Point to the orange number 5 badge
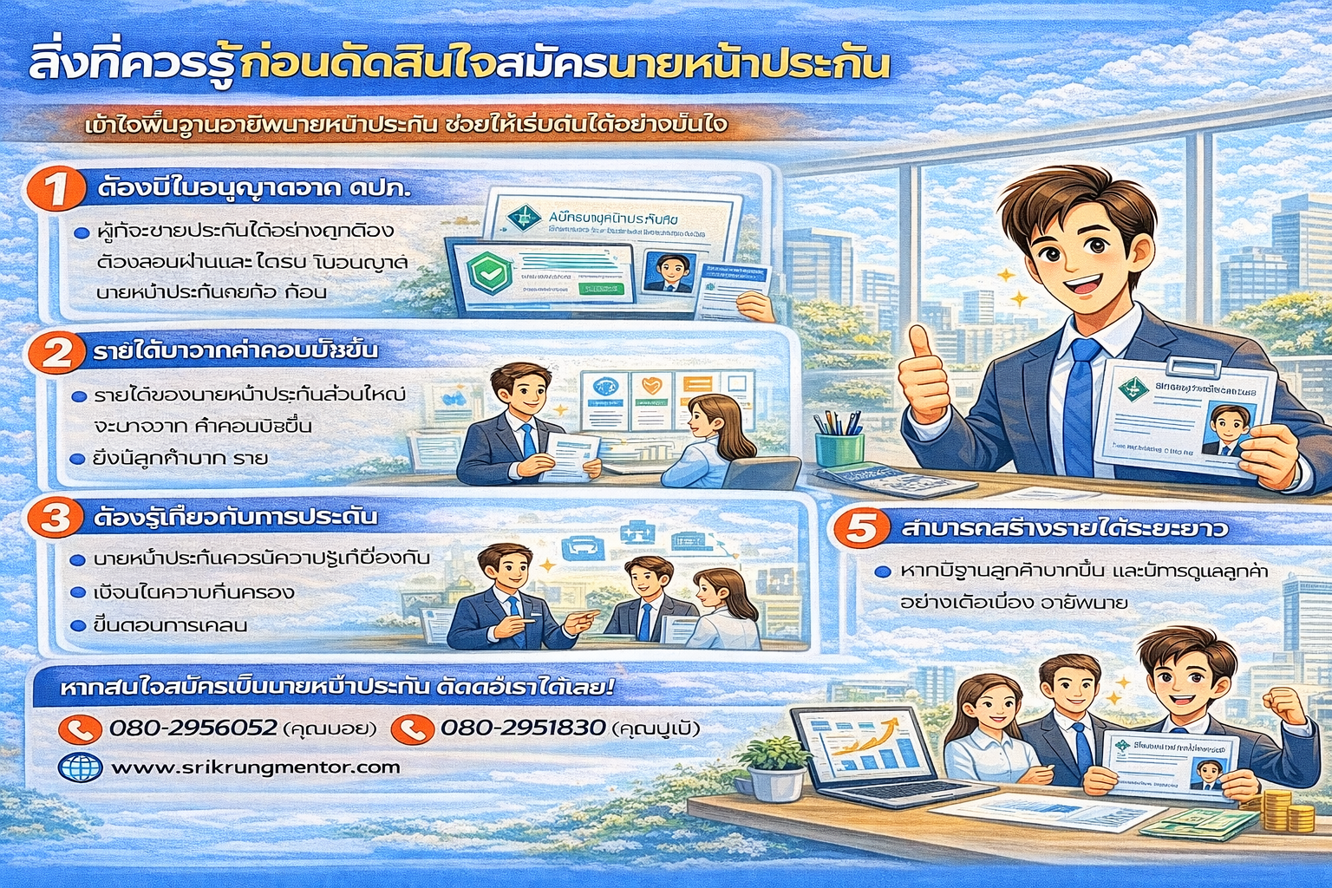[861, 528]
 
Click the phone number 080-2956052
[193, 728]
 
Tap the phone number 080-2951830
[522, 728]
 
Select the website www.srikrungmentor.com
[256, 767]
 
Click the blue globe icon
[80, 767]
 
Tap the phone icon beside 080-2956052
[80, 728]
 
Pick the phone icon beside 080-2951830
[412, 728]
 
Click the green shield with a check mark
[485, 272]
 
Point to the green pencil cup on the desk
[839, 447]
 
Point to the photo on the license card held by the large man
[1226, 429]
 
